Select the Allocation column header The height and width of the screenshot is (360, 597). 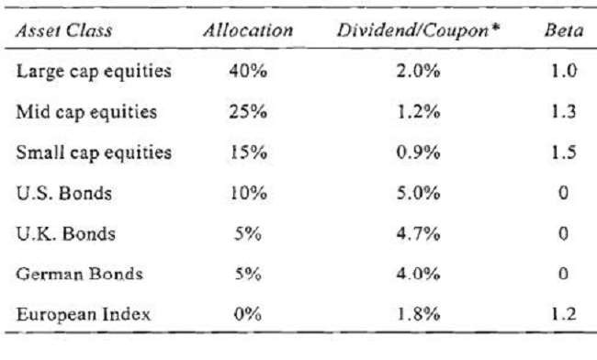coord(248,30)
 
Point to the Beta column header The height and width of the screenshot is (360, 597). coord(559,30)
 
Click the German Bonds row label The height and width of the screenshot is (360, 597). coord(76,273)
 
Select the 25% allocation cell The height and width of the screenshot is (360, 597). coord(242,113)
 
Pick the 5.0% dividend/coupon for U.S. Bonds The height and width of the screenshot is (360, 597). coord(413,193)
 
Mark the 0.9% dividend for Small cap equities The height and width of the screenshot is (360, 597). coord(413,152)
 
